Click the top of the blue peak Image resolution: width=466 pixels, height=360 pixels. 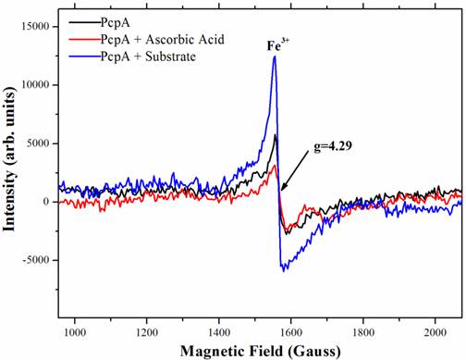(x=275, y=57)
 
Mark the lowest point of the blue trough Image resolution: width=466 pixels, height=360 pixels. (x=283, y=270)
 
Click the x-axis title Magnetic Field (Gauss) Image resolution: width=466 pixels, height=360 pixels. (x=261, y=350)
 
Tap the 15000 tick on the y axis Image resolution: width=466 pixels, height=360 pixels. (x=31, y=26)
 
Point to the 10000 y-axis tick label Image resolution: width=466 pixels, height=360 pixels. (x=31, y=84)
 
